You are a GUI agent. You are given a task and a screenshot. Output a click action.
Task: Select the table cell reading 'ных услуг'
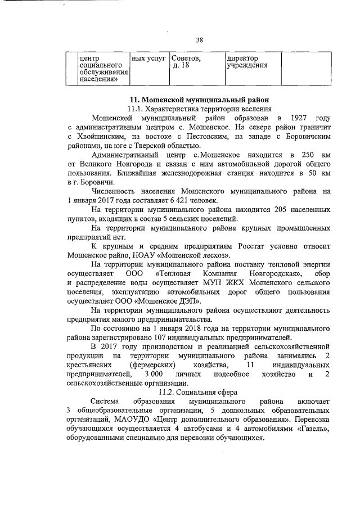coord(148,58)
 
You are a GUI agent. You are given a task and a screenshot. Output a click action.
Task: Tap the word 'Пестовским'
coord(208,136)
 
